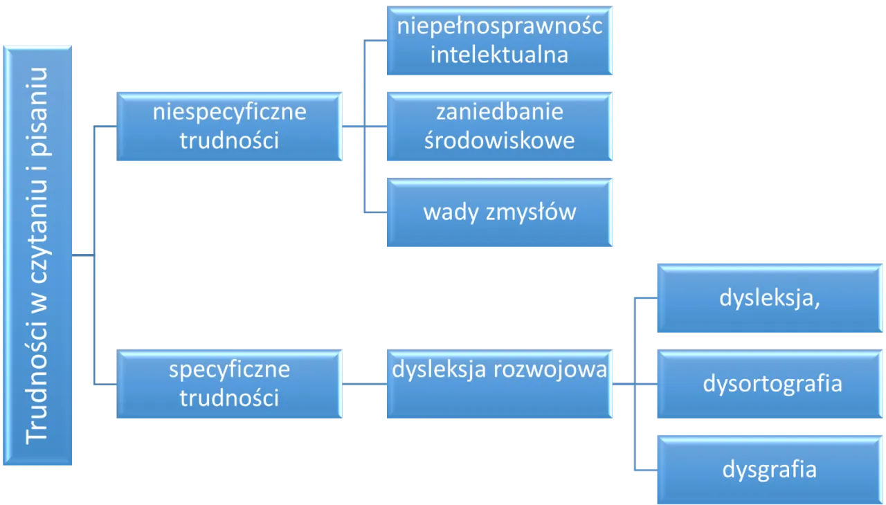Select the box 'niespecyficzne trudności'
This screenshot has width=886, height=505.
[x=229, y=127]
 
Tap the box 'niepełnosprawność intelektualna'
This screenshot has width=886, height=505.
[x=498, y=41]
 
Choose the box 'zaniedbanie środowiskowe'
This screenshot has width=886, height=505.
[x=498, y=127]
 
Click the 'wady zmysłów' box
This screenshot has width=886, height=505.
[x=498, y=212]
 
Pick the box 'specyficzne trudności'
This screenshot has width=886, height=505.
[x=229, y=384]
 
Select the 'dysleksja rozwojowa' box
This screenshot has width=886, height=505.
[x=498, y=384]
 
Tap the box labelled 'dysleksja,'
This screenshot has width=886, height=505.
[x=769, y=298]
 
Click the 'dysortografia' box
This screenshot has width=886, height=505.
[x=769, y=384]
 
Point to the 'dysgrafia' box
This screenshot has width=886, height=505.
[x=769, y=470]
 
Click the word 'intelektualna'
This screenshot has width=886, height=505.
[x=499, y=55]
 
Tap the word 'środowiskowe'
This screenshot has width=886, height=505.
[x=499, y=140]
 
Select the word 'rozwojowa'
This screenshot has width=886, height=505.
[x=550, y=369]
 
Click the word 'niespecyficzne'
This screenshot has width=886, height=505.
[x=229, y=112]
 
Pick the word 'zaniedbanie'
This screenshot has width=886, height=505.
[x=499, y=111]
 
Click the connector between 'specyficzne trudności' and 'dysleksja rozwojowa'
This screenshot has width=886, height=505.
[x=363, y=384]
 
